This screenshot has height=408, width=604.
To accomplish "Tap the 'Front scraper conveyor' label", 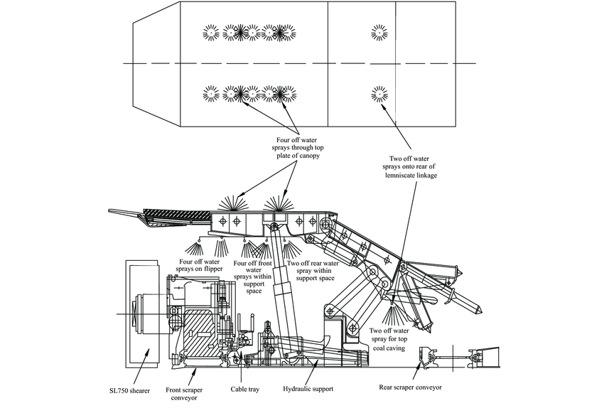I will coord(188,394).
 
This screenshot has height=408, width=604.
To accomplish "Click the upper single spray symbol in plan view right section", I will coord(378,32).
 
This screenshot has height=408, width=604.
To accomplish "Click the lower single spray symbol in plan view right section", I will coord(378,94).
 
